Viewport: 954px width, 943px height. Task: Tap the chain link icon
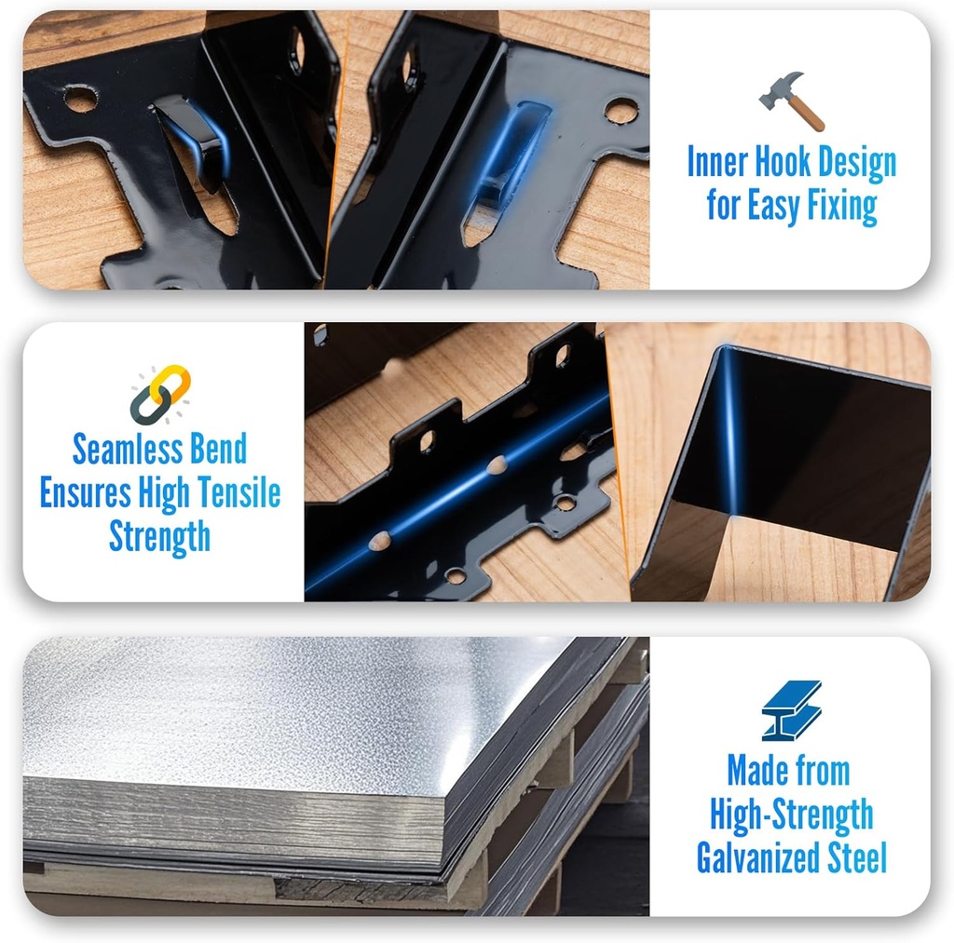[160, 394]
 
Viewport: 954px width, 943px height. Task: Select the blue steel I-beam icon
[791, 709]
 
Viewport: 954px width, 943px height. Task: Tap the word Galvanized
[758, 857]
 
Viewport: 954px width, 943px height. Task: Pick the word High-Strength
[791, 815]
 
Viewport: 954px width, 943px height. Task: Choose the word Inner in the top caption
[715, 163]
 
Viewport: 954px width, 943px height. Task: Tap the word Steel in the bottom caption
[856, 857]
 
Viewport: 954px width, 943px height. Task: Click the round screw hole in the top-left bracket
[80, 98]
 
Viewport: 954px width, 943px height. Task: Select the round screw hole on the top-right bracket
[620, 111]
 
